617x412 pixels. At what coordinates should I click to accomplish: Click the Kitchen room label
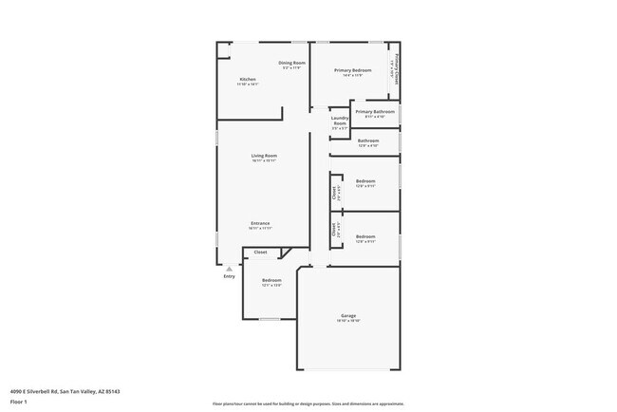[x=247, y=79]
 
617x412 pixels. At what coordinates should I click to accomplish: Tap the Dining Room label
[x=290, y=63]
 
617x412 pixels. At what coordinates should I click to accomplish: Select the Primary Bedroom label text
[x=352, y=70]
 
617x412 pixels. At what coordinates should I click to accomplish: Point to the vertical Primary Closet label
[x=396, y=68]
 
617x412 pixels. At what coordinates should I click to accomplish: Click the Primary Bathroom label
[x=375, y=111]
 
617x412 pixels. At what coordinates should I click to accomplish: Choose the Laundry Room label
[x=340, y=120]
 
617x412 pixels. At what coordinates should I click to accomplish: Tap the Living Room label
[x=263, y=156]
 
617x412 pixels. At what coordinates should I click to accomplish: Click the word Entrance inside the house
[x=260, y=223]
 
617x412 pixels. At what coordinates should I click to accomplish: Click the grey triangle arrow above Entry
[x=229, y=269]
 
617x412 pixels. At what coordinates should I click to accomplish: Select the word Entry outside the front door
[x=229, y=276]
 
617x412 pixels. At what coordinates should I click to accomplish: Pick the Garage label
[x=348, y=315]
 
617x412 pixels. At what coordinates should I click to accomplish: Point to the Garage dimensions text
[x=348, y=321]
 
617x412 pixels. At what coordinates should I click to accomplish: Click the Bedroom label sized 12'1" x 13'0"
[x=271, y=280]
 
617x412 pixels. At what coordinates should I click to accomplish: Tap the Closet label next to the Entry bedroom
[x=260, y=252]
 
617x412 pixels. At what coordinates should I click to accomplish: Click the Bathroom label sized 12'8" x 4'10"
[x=368, y=140]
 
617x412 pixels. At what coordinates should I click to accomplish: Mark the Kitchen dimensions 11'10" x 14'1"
[x=247, y=84]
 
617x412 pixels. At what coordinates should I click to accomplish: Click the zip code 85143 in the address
[x=112, y=390]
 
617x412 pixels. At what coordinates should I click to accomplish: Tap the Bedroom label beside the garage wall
[x=365, y=236]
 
